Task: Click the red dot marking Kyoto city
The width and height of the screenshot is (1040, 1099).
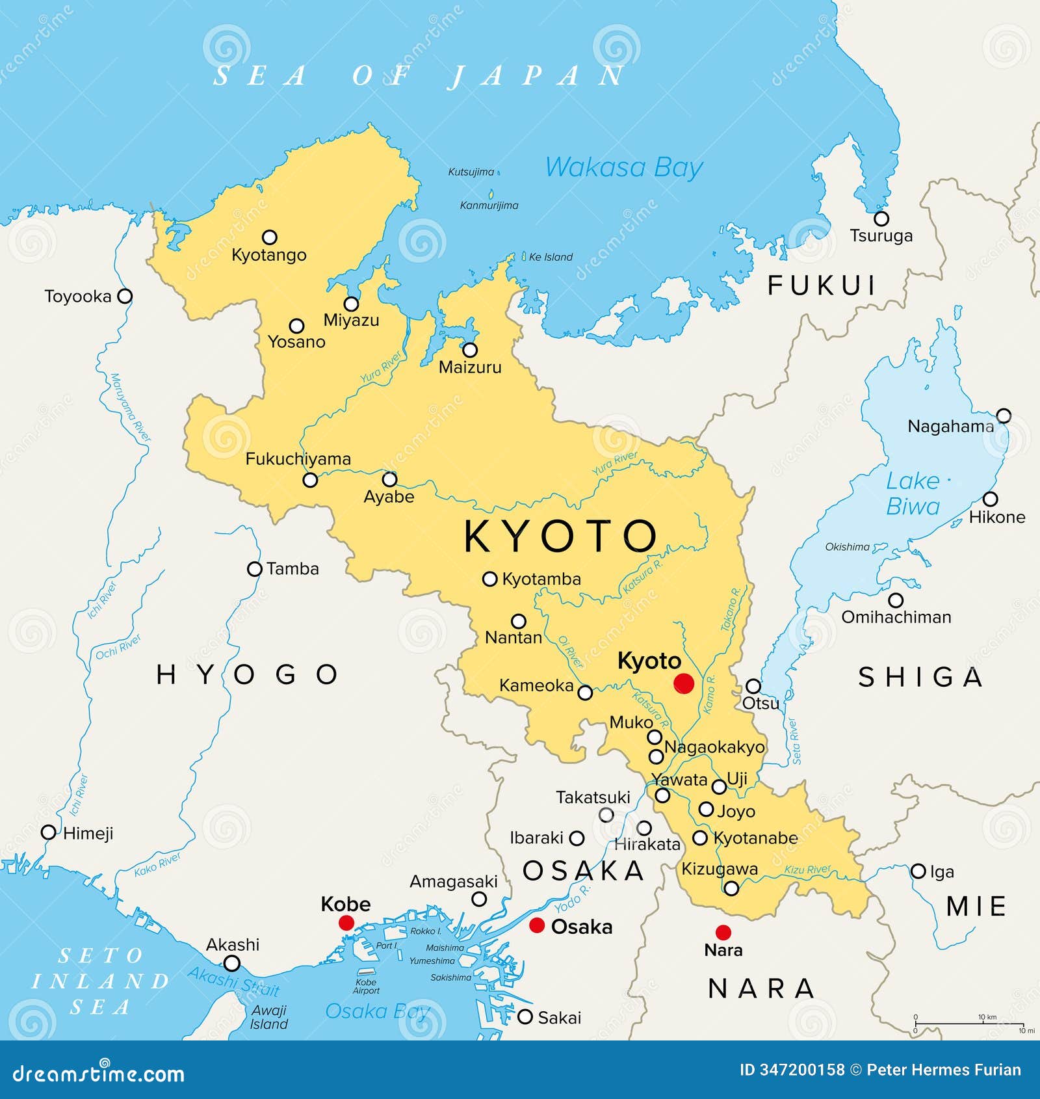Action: pos(683,683)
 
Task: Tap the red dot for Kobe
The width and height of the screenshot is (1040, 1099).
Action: pos(346,923)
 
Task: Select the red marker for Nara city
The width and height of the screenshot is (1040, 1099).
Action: pos(723,932)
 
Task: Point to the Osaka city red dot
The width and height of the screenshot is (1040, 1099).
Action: pos(537,925)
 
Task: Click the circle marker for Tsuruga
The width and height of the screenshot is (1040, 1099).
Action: pos(881,218)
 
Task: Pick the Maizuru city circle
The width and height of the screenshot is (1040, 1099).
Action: pos(469,350)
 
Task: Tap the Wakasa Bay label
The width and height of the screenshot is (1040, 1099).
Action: pos(623,168)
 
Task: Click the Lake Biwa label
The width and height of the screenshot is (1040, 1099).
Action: pos(913,494)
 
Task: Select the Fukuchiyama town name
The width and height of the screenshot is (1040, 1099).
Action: pos(298,459)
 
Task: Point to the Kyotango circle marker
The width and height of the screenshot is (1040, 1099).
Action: pos(269,237)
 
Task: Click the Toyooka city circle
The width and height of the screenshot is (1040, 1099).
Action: pos(124,297)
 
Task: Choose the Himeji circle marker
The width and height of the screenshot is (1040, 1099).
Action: pos(48,832)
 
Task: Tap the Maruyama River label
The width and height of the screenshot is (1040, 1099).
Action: pos(130,408)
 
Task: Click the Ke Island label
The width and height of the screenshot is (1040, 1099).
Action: pos(550,257)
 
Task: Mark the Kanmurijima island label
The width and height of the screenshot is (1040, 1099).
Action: pos(489,205)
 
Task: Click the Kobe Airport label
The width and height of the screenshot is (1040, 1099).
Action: pos(366,986)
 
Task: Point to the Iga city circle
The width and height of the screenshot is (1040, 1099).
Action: pos(918,871)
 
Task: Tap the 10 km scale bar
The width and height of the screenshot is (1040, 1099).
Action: pos(968,1024)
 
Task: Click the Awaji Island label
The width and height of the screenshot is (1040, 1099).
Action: pos(269,1017)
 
